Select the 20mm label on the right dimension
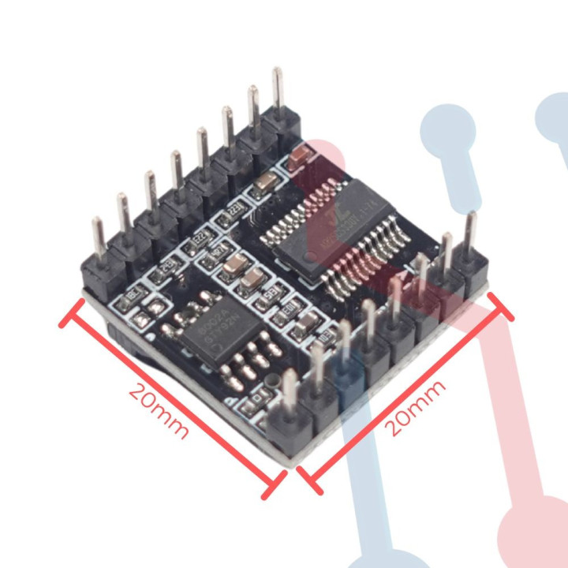[x=415, y=406]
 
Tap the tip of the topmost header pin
[x=277, y=73]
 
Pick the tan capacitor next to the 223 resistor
[x=266, y=184]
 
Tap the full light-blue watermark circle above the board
[x=447, y=126]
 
